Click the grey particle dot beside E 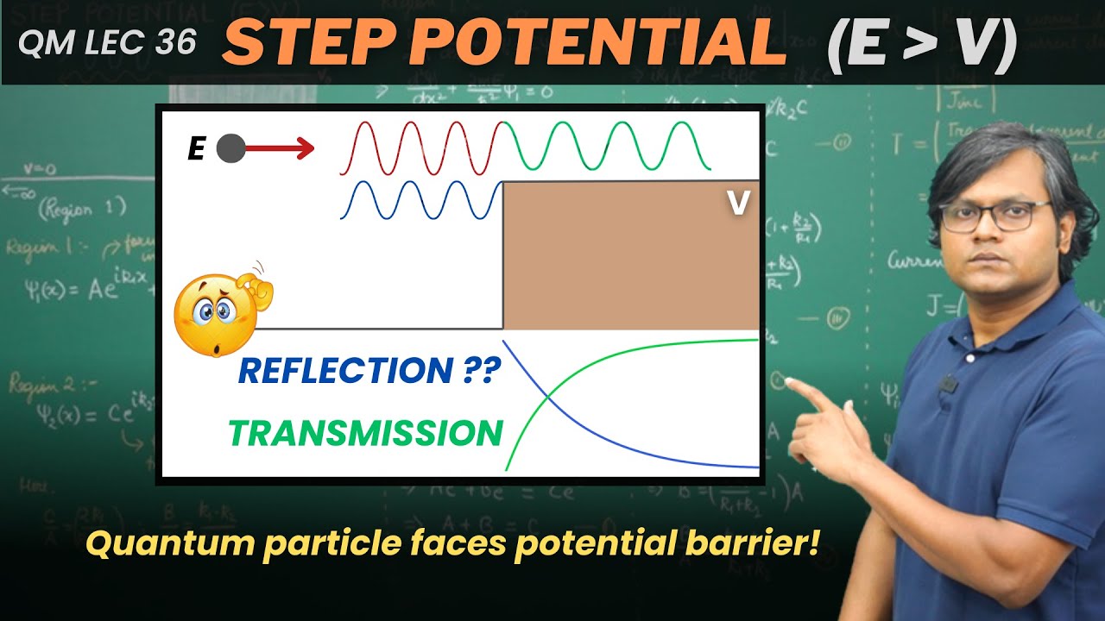(x=230, y=149)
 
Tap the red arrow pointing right (x=281, y=150)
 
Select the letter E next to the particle (x=197, y=150)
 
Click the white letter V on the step (x=738, y=203)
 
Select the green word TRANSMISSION (x=365, y=432)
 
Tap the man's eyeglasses (x=993, y=216)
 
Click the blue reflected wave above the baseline (x=421, y=200)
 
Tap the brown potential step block (x=630, y=259)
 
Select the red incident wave (x=421, y=148)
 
